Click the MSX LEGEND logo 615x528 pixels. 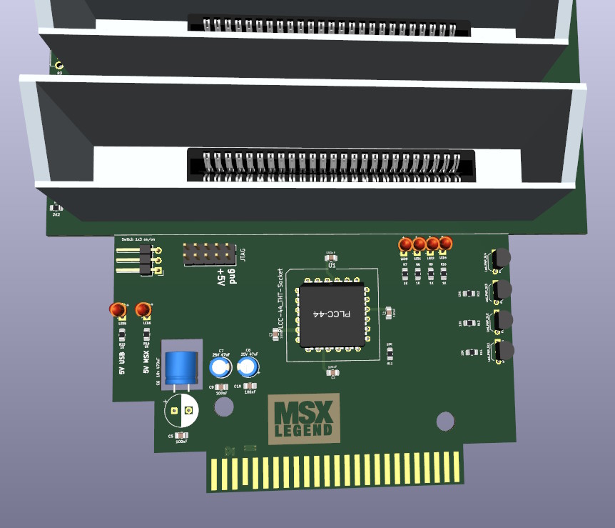(x=304, y=419)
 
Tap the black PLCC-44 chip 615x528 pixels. (x=330, y=315)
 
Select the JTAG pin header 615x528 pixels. (x=209, y=253)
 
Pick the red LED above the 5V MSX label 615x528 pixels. (x=143, y=309)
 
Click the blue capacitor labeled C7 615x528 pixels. (x=220, y=367)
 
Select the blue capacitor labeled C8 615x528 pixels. (x=248, y=367)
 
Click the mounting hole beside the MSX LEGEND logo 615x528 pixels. (x=224, y=407)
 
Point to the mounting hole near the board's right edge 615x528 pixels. (x=446, y=422)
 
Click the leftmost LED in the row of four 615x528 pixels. (x=405, y=245)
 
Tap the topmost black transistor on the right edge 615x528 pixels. (x=503, y=258)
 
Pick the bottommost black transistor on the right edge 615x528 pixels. (x=504, y=351)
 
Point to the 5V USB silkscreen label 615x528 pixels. (x=122, y=362)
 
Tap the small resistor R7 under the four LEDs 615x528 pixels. (x=405, y=271)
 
